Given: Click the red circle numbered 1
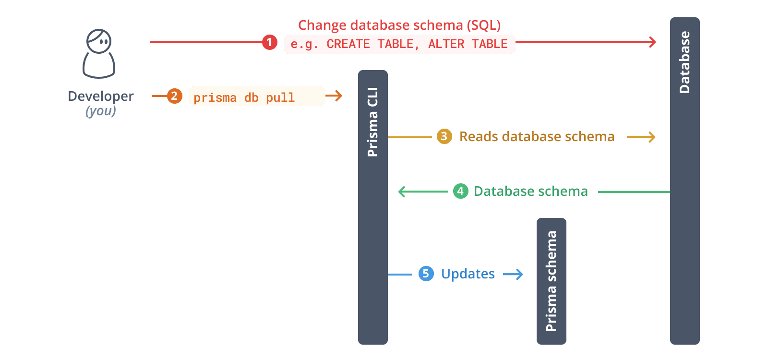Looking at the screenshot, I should pyautogui.click(x=269, y=43).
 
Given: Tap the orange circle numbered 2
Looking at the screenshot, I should pyautogui.click(x=174, y=96).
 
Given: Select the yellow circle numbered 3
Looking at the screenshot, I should pyautogui.click(x=444, y=137).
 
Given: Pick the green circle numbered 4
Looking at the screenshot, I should pyautogui.click(x=460, y=192).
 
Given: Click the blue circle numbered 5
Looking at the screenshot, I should pyautogui.click(x=426, y=274).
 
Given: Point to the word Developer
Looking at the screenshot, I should pyautogui.click(x=100, y=96).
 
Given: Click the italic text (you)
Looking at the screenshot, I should pyautogui.click(x=100, y=111).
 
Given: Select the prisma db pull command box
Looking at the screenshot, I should pyautogui.click(x=257, y=96).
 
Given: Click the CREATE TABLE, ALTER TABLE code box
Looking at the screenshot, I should pyautogui.click(x=399, y=44).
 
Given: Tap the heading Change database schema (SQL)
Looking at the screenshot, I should pyautogui.click(x=399, y=25).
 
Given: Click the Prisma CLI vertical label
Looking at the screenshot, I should pyautogui.click(x=372, y=122).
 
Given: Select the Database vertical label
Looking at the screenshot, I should pyautogui.click(x=684, y=62).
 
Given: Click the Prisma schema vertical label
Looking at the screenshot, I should pyautogui.click(x=551, y=281).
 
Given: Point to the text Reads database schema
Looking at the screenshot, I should pyautogui.click(x=537, y=137).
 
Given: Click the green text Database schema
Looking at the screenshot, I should pyautogui.click(x=530, y=192).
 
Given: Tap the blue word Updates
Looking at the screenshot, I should pyautogui.click(x=468, y=274).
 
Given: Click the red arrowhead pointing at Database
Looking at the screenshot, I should pyautogui.click(x=653, y=42).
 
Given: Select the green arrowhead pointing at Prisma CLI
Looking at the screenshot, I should pyautogui.click(x=402, y=192).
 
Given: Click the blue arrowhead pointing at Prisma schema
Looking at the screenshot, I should pyautogui.click(x=519, y=275).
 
